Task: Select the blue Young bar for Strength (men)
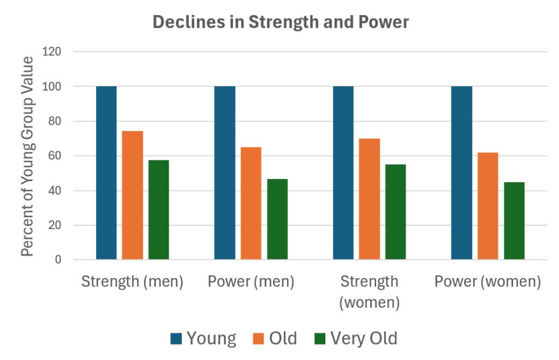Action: pos(106,172)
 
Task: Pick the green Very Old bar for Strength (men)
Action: pos(159,209)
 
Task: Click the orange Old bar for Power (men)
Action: pos(251,203)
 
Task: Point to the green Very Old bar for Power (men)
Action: pos(277,219)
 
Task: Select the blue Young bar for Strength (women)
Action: pos(343,172)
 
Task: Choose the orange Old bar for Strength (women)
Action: pos(370,199)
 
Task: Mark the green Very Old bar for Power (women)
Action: pos(514,220)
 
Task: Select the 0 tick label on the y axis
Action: pos(58,260)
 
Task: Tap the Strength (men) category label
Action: pos(132,282)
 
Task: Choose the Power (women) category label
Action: pos(487,282)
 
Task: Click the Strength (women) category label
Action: pos(369,292)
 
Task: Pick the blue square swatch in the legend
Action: pos(176,339)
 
